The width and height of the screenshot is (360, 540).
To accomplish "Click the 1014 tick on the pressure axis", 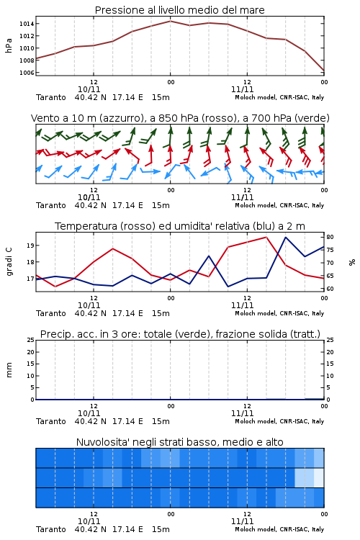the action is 27,24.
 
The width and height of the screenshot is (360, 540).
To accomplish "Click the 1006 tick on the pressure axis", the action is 27,73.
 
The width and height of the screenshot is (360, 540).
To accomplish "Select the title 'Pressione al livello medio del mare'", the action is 180,10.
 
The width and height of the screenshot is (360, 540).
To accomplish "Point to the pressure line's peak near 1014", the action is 170,21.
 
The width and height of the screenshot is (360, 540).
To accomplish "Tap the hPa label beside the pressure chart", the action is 9,45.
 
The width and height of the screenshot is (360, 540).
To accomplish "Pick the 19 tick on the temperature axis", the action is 31,246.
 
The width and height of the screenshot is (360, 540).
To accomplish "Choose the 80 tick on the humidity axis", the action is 330,237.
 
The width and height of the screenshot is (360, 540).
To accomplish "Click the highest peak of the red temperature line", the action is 266,237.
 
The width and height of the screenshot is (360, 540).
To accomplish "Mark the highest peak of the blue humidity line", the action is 286,237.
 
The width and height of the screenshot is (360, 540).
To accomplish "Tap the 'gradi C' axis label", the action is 9,261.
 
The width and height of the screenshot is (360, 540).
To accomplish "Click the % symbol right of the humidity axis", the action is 352,262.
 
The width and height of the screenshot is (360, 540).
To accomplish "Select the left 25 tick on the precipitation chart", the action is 31,340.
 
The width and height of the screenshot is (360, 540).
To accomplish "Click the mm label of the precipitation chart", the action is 9,370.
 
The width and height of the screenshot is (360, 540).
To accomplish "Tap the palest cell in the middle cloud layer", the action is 319,477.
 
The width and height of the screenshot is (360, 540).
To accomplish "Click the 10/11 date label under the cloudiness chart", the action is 89,521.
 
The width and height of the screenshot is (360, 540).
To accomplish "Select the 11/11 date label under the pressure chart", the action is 242,89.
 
